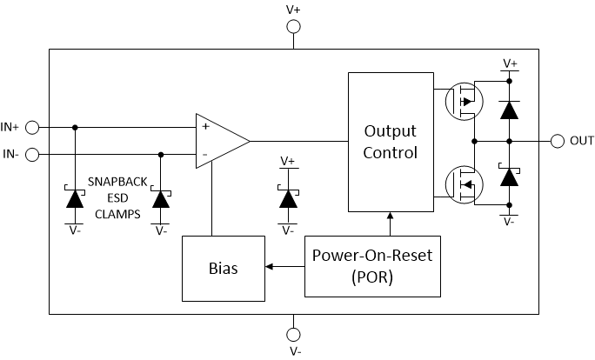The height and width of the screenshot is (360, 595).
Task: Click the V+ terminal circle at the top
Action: point(293,27)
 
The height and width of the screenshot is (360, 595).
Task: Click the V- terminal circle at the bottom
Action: point(293,333)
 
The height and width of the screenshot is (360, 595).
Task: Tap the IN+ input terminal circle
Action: point(32,128)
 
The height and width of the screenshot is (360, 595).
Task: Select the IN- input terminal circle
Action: point(32,155)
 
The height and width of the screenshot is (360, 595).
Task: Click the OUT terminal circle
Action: point(557,141)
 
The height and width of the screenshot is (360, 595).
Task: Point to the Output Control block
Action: point(391,142)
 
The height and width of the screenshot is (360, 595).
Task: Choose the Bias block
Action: point(222,268)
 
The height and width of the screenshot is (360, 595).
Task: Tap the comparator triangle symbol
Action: point(219,141)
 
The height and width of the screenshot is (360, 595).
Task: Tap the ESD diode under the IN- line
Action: point(160,197)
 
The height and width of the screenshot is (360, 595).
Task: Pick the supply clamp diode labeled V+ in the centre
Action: point(288,197)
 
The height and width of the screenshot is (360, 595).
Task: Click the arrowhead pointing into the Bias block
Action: point(268,267)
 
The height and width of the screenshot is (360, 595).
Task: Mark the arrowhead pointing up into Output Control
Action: point(391,217)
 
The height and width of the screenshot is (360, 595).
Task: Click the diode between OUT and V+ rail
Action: point(510,109)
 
